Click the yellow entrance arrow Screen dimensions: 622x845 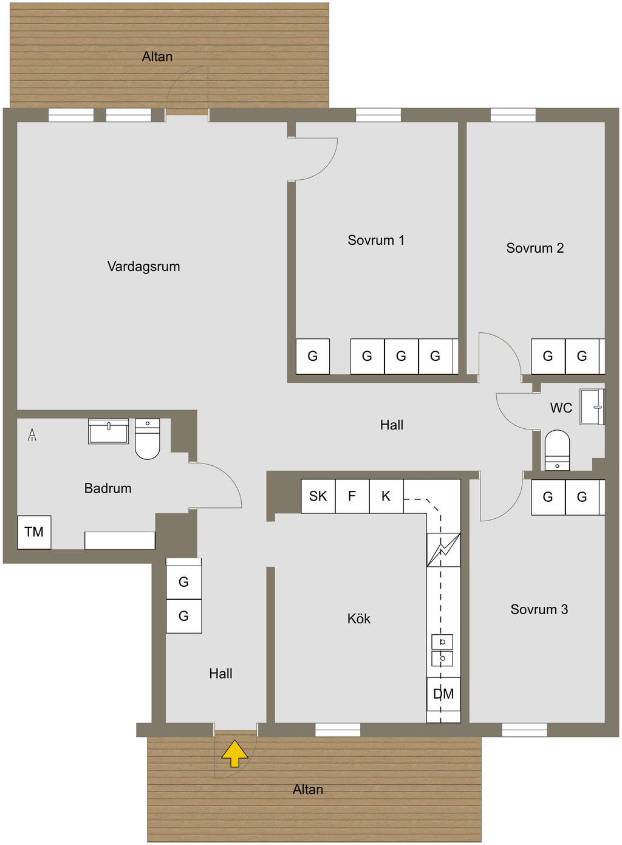(234, 753)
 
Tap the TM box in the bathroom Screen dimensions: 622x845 (34, 532)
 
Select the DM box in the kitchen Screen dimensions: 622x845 (443, 694)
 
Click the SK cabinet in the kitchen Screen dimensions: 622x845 (318, 496)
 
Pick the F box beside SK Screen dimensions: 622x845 (352, 496)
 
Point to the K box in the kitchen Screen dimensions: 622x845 (386, 496)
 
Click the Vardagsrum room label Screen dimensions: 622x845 (143, 266)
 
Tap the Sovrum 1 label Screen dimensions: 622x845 (375, 240)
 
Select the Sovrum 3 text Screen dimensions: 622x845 (539, 609)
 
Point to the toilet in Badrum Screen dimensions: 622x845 (147, 439)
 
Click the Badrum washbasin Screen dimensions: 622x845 (108, 431)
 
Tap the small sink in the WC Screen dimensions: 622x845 (592, 406)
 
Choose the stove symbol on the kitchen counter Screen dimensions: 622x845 (443, 550)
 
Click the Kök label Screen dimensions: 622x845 (358, 618)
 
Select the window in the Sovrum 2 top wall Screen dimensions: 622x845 (513, 115)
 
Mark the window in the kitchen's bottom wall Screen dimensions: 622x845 (338, 730)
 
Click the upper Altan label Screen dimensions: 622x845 (157, 56)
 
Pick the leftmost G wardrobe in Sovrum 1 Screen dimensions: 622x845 (313, 357)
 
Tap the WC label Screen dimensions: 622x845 (561, 408)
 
